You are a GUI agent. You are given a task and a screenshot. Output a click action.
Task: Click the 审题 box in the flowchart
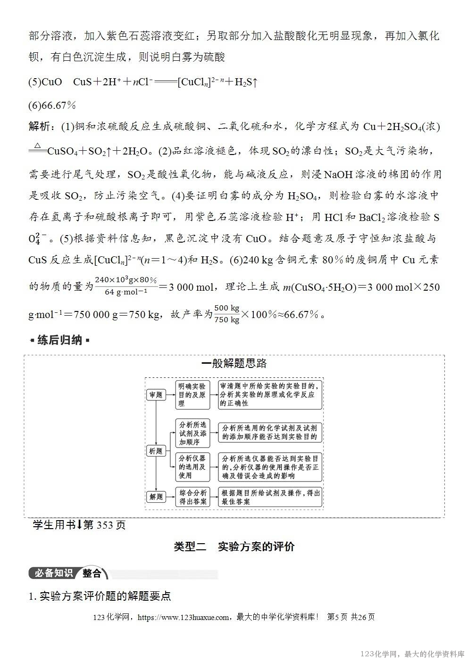coord(156,395)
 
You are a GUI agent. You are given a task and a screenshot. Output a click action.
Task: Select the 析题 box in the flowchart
coord(156,451)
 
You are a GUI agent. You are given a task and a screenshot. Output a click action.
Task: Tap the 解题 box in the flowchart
coord(156,497)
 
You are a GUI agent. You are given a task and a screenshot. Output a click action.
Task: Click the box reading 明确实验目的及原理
coord(192,395)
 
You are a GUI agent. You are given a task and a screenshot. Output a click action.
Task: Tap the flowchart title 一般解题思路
coord(234,364)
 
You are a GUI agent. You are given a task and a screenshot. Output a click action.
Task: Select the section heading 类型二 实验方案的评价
coord(234,547)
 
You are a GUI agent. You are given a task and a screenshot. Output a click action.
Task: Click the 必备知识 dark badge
coord(52,573)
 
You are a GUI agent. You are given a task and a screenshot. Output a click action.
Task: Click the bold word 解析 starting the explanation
coord(39,127)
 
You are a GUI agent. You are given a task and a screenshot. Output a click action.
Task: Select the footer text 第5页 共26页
coord(351,617)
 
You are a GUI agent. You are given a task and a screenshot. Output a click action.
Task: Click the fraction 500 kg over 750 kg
coord(227,314)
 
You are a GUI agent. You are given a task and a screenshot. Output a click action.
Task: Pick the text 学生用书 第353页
coord(79,524)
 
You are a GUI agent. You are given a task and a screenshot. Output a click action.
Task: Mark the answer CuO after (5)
coord(52,82)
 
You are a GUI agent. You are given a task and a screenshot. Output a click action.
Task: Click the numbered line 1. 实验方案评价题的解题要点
coord(100,596)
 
